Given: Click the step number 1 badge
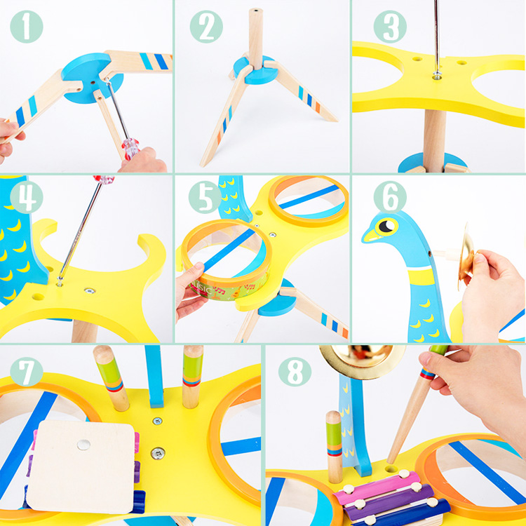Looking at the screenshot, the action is coord(27,27).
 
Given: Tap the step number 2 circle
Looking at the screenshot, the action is coord(206,27).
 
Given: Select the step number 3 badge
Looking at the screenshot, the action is coord(390,27).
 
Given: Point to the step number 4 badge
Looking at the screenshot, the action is coord(27,197).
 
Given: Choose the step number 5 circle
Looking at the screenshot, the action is coord(205,197).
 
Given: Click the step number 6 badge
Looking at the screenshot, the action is coord(390,197).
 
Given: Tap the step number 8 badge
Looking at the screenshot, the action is coord(295,373).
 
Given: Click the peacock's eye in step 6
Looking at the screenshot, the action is coord(386,227).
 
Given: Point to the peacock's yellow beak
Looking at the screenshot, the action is coord(371,236).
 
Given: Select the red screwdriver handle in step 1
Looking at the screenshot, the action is coord(130,148).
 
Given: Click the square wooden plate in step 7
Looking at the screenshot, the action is coord(81,467).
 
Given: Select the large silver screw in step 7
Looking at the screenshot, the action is coord(157,453).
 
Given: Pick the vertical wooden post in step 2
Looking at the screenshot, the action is coord(255,39).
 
